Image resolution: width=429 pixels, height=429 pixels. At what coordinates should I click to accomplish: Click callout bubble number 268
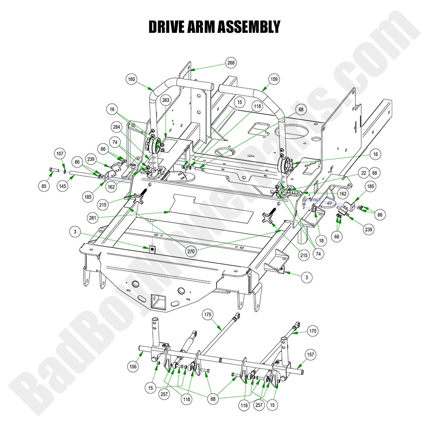click(x=231, y=63)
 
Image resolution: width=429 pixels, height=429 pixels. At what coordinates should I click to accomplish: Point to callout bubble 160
click(x=131, y=80)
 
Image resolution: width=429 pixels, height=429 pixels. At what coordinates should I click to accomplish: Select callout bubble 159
click(x=274, y=80)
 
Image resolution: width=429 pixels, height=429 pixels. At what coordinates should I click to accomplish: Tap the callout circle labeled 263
click(x=165, y=100)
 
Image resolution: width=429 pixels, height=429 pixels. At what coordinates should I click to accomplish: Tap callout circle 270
click(x=191, y=251)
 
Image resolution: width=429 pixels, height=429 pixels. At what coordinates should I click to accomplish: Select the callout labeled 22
click(x=363, y=173)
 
